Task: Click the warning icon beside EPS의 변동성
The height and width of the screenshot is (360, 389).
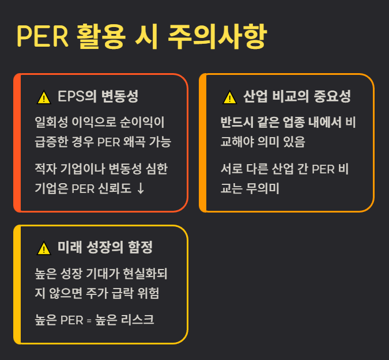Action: click(44, 97)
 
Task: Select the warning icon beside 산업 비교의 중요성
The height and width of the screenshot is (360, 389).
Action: click(229, 97)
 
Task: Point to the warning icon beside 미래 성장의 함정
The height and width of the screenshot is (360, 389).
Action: click(44, 248)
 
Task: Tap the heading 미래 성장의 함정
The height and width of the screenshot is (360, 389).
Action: click(105, 248)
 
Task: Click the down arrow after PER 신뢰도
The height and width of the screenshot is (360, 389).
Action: click(141, 188)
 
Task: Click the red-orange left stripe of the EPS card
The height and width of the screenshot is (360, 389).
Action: click(17, 143)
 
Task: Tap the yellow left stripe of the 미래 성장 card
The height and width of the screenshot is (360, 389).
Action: click(17, 285)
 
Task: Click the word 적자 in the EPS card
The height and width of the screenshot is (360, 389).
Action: click(44, 170)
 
